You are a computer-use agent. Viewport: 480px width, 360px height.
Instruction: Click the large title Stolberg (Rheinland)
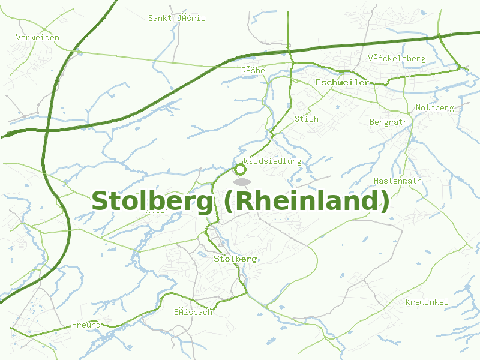click(x=240, y=201)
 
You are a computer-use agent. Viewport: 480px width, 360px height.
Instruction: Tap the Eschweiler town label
click(x=342, y=82)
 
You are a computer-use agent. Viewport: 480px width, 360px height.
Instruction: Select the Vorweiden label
click(x=38, y=37)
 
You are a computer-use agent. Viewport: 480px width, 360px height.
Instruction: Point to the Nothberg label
click(x=434, y=108)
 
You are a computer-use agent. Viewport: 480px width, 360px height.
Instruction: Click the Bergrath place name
click(x=388, y=122)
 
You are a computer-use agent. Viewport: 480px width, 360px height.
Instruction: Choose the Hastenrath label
click(x=397, y=181)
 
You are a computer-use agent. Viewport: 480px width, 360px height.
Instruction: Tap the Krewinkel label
click(x=426, y=302)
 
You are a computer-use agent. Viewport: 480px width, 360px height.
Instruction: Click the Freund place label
click(x=86, y=325)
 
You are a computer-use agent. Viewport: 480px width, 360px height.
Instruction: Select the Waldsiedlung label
click(x=272, y=161)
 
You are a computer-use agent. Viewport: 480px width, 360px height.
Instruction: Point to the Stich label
click(x=306, y=119)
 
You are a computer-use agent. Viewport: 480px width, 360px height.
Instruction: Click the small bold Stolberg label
click(x=235, y=259)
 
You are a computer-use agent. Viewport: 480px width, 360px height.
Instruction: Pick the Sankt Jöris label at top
click(x=176, y=18)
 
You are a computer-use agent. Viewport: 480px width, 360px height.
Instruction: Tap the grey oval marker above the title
click(x=242, y=181)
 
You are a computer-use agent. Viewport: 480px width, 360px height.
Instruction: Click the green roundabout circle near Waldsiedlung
click(x=239, y=169)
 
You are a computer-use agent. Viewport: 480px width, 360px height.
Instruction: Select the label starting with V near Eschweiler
click(x=396, y=58)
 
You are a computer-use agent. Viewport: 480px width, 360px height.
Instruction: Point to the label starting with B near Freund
click(x=193, y=312)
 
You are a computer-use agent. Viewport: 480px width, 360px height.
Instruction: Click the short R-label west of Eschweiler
click(x=253, y=71)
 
